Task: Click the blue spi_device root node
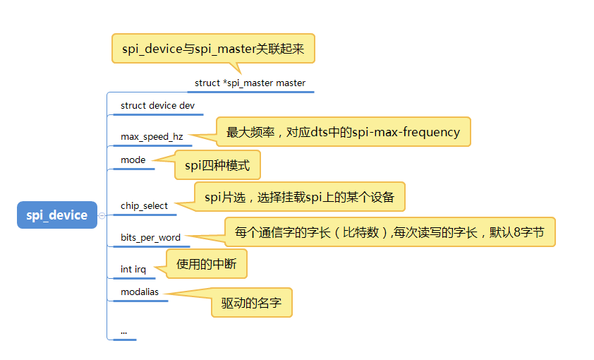56,215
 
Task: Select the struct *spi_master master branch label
250,83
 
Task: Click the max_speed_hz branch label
152,136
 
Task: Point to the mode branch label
133,160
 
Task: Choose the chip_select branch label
144,206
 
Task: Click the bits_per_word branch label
150,238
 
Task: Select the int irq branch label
133,270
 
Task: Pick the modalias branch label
140,292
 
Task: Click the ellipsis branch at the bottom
123,330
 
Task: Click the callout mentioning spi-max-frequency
343,132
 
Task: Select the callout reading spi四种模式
217,165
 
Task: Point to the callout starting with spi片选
300,198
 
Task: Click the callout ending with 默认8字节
389,232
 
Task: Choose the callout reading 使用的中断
207,264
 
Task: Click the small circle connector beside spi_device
102,215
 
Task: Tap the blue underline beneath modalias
140,301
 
